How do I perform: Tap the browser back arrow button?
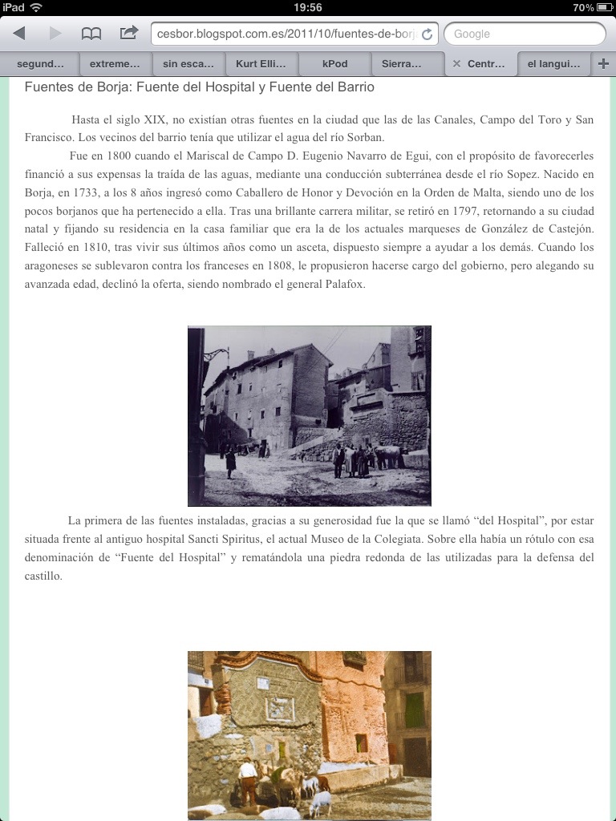[19, 34]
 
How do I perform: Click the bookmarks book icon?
[91, 34]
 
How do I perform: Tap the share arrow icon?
[128, 34]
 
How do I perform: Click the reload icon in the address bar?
[428, 34]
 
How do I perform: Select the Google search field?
[525, 34]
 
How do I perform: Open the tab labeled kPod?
[334, 63]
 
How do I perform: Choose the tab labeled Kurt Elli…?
[261, 63]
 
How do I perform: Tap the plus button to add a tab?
[603, 63]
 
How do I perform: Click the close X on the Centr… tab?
[457, 63]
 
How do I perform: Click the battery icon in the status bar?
[606, 7]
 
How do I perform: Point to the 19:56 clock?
[308, 7]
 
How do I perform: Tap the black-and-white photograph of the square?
[310, 415]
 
